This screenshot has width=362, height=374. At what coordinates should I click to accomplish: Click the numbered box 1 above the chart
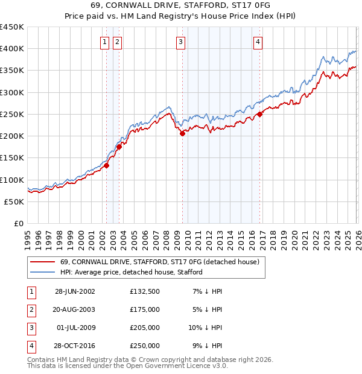coord(105,42)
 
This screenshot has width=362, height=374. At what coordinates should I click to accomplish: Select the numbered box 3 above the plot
coord(181,42)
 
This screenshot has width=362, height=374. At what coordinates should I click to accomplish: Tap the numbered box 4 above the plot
coord(258,42)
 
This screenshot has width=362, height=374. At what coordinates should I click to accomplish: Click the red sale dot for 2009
coord(182,134)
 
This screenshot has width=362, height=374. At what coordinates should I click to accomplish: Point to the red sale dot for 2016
coord(260,114)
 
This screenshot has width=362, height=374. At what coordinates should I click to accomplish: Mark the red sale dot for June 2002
coord(107,165)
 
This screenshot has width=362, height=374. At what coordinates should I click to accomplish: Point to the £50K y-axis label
coord(14,201)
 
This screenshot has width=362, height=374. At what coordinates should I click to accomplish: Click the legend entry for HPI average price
coord(131,272)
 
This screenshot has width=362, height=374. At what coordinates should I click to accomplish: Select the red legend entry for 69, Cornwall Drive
coord(159,262)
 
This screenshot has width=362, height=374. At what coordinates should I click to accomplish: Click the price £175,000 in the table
coord(144,309)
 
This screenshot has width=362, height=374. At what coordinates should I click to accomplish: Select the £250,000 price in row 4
coord(144,346)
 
